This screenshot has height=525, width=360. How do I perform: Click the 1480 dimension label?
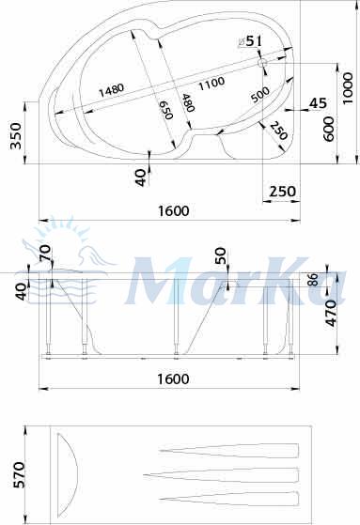(111, 89)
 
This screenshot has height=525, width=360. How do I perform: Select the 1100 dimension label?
(211, 83)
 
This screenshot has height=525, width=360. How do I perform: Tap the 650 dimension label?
(166, 110)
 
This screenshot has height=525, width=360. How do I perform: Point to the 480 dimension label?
(188, 102)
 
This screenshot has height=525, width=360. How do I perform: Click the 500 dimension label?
(260, 95)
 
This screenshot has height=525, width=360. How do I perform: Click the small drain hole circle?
(262, 63)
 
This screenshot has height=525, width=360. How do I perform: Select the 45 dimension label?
(318, 103)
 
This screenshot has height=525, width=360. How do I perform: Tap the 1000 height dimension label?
(348, 88)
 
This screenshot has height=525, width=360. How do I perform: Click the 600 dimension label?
(328, 129)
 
